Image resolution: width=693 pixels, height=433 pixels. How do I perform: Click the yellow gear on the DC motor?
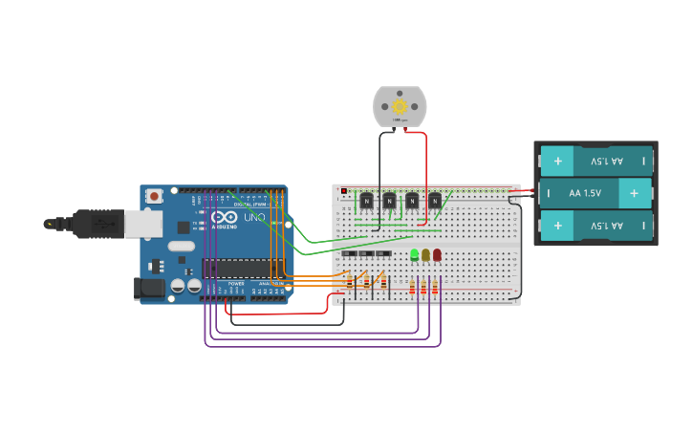(400, 106)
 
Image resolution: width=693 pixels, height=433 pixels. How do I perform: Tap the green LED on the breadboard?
(414, 255)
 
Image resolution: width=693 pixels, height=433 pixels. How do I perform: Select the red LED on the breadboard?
(437, 255)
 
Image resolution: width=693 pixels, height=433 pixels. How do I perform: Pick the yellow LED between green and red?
(425, 255)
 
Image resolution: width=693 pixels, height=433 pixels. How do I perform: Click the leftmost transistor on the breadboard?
(366, 201)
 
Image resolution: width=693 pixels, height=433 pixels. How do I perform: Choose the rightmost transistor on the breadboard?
(435, 201)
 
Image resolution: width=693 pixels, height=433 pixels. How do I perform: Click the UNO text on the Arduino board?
(254, 218)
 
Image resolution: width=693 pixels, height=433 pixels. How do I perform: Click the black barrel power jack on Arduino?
(148, 288)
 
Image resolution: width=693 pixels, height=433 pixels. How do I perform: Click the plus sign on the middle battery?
(633, 193)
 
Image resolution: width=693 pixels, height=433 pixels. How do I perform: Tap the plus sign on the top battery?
(557, 161)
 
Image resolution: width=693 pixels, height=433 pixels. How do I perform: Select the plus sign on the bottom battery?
(557, 226)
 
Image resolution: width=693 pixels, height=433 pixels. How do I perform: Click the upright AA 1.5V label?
(585, 193)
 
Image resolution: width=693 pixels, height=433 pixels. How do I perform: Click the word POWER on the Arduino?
(236, 284)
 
